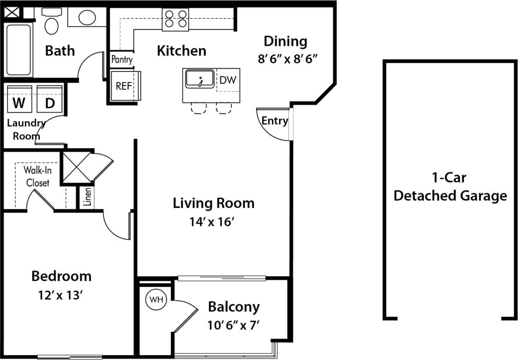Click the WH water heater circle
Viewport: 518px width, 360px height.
point(156,300)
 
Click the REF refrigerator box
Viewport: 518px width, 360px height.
point(123,86)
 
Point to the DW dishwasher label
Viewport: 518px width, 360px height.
point(227,80)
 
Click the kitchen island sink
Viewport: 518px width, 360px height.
point(200,79)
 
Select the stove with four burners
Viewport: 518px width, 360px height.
point(175,19)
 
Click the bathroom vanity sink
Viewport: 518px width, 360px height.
point(87,17)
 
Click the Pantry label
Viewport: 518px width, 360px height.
point(122,59)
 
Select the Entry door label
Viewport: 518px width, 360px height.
point(275,121)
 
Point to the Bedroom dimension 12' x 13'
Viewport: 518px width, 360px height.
point(61,296)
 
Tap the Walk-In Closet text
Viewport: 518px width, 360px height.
point(37,177)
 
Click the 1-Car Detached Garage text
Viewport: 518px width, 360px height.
point(450,187)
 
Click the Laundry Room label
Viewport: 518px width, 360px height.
point(26,129)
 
